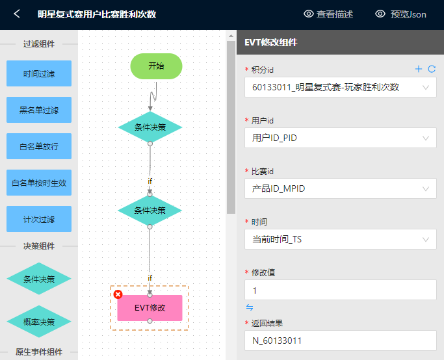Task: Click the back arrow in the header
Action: click(17, 14)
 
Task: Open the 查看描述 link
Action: click(328, 14)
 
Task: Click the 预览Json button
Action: click(400, 14)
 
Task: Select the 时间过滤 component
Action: click(39, 73)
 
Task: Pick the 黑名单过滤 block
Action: click(39, 110)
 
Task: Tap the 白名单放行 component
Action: click(39, 146)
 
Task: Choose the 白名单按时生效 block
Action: click(39, 183)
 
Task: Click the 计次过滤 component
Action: click(39, 219)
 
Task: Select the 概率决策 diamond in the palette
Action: click(39, 322)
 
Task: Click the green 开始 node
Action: click(156, 66)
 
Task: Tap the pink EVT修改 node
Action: click(150, 308)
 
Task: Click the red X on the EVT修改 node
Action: click(118, 294)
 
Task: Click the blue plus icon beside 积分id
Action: click(419, 69)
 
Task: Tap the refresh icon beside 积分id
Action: click(432, 69)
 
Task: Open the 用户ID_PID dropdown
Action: click(341, 138)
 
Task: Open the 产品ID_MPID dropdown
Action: click(341, 188)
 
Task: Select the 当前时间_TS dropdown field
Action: click(341, 239)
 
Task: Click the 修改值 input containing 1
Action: click(341, 290)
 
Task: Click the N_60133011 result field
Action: click(341, 341)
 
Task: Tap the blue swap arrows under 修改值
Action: click(250, 307)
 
